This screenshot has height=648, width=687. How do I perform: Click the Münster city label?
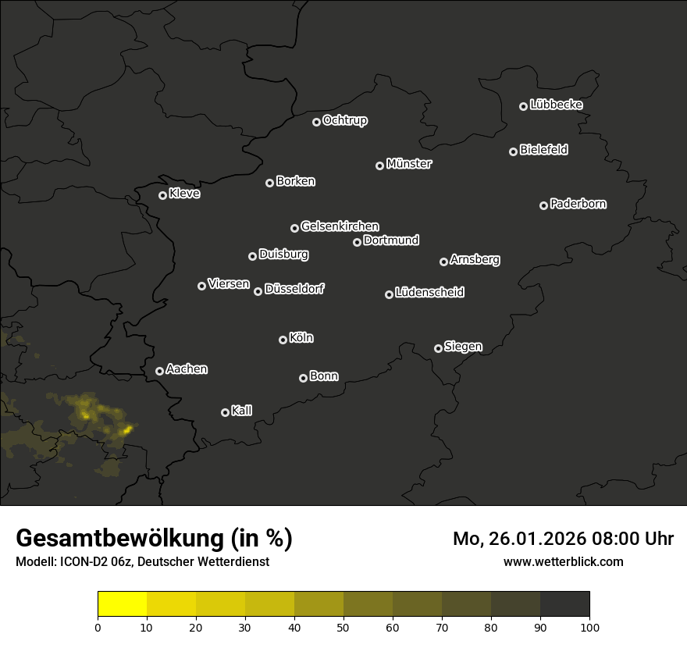[409, 164]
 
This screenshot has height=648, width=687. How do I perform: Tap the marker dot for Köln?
[283, 340]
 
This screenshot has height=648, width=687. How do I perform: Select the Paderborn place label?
[578, 204]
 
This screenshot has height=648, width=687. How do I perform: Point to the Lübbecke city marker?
[523, 106]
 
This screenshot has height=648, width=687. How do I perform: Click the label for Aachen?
[187, 369]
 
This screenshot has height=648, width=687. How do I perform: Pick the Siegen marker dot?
[438, 348]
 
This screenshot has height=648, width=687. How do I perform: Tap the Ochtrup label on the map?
[345, 120]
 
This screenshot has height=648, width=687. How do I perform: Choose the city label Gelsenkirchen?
[340, 226]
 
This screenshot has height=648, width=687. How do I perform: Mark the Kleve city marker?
[162, 195]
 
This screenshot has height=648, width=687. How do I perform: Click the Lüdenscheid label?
[430, 293]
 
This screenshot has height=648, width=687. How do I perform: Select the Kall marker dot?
[225, 412]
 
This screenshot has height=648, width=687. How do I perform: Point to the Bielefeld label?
[544, 150]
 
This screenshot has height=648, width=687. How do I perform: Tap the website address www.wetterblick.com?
[564, 561]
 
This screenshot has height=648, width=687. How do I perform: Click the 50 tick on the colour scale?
[343, 627]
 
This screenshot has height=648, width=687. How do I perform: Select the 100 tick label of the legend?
[589, 627]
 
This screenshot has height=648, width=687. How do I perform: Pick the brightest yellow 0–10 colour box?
[123, 604]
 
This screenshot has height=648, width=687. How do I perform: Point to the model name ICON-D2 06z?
[94, 562]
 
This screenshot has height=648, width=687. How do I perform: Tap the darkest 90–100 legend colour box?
[565, 604]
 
